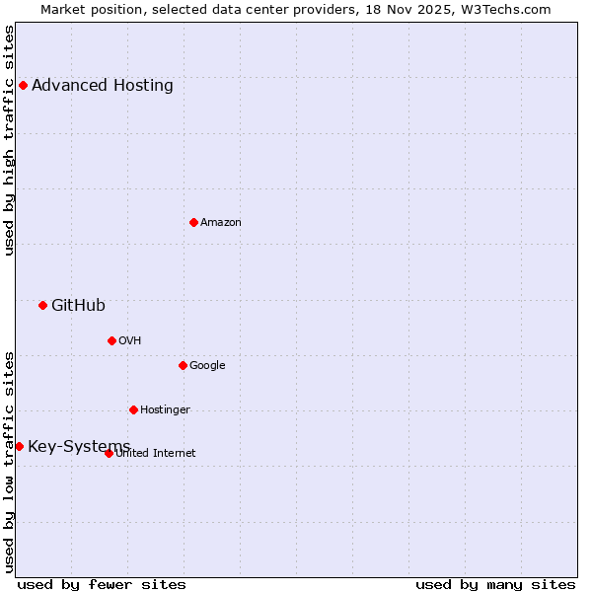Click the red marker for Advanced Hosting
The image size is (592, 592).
pyautogui.click(x=23, y=85)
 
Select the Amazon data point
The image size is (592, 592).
pyautogui.click(x=193, y=222)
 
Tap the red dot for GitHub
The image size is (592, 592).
pyautogui.click(x=42, y=305)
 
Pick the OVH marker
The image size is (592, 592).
pyautogui.click(x=111, y=340)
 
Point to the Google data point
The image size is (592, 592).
pyautogui.click(x=183, y=365)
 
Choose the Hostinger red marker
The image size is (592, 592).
pyautogui.click(x=133, y=409)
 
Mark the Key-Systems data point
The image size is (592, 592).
pyautogui.click(x=19, y=446)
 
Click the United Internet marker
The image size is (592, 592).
pyautogui.click(x=109, y=453)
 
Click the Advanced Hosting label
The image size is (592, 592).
pyautogui.click(x=103, y=85)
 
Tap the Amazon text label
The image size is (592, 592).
pyautogui.click(x=221, y=222)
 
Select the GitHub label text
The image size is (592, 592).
pyautogui.click(x=78, y=305)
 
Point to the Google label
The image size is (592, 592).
pyautogui.click(x=207, y=365)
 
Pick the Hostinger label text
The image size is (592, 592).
pyautogui.click(x=165, y=409)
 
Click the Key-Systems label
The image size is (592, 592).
pyautogui.click(x=79, y=446)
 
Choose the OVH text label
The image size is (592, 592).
pyautogui.click(x=130, y=340)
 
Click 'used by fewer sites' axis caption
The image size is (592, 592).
pyautogui.click(x=102, y=584)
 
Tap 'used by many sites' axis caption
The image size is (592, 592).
pyautogui.click(x=495, y=584)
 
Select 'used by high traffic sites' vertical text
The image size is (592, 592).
pyautogui.click(x=9, y=140)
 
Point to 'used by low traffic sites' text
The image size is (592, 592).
pyautogui.click(x=9, y=461)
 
